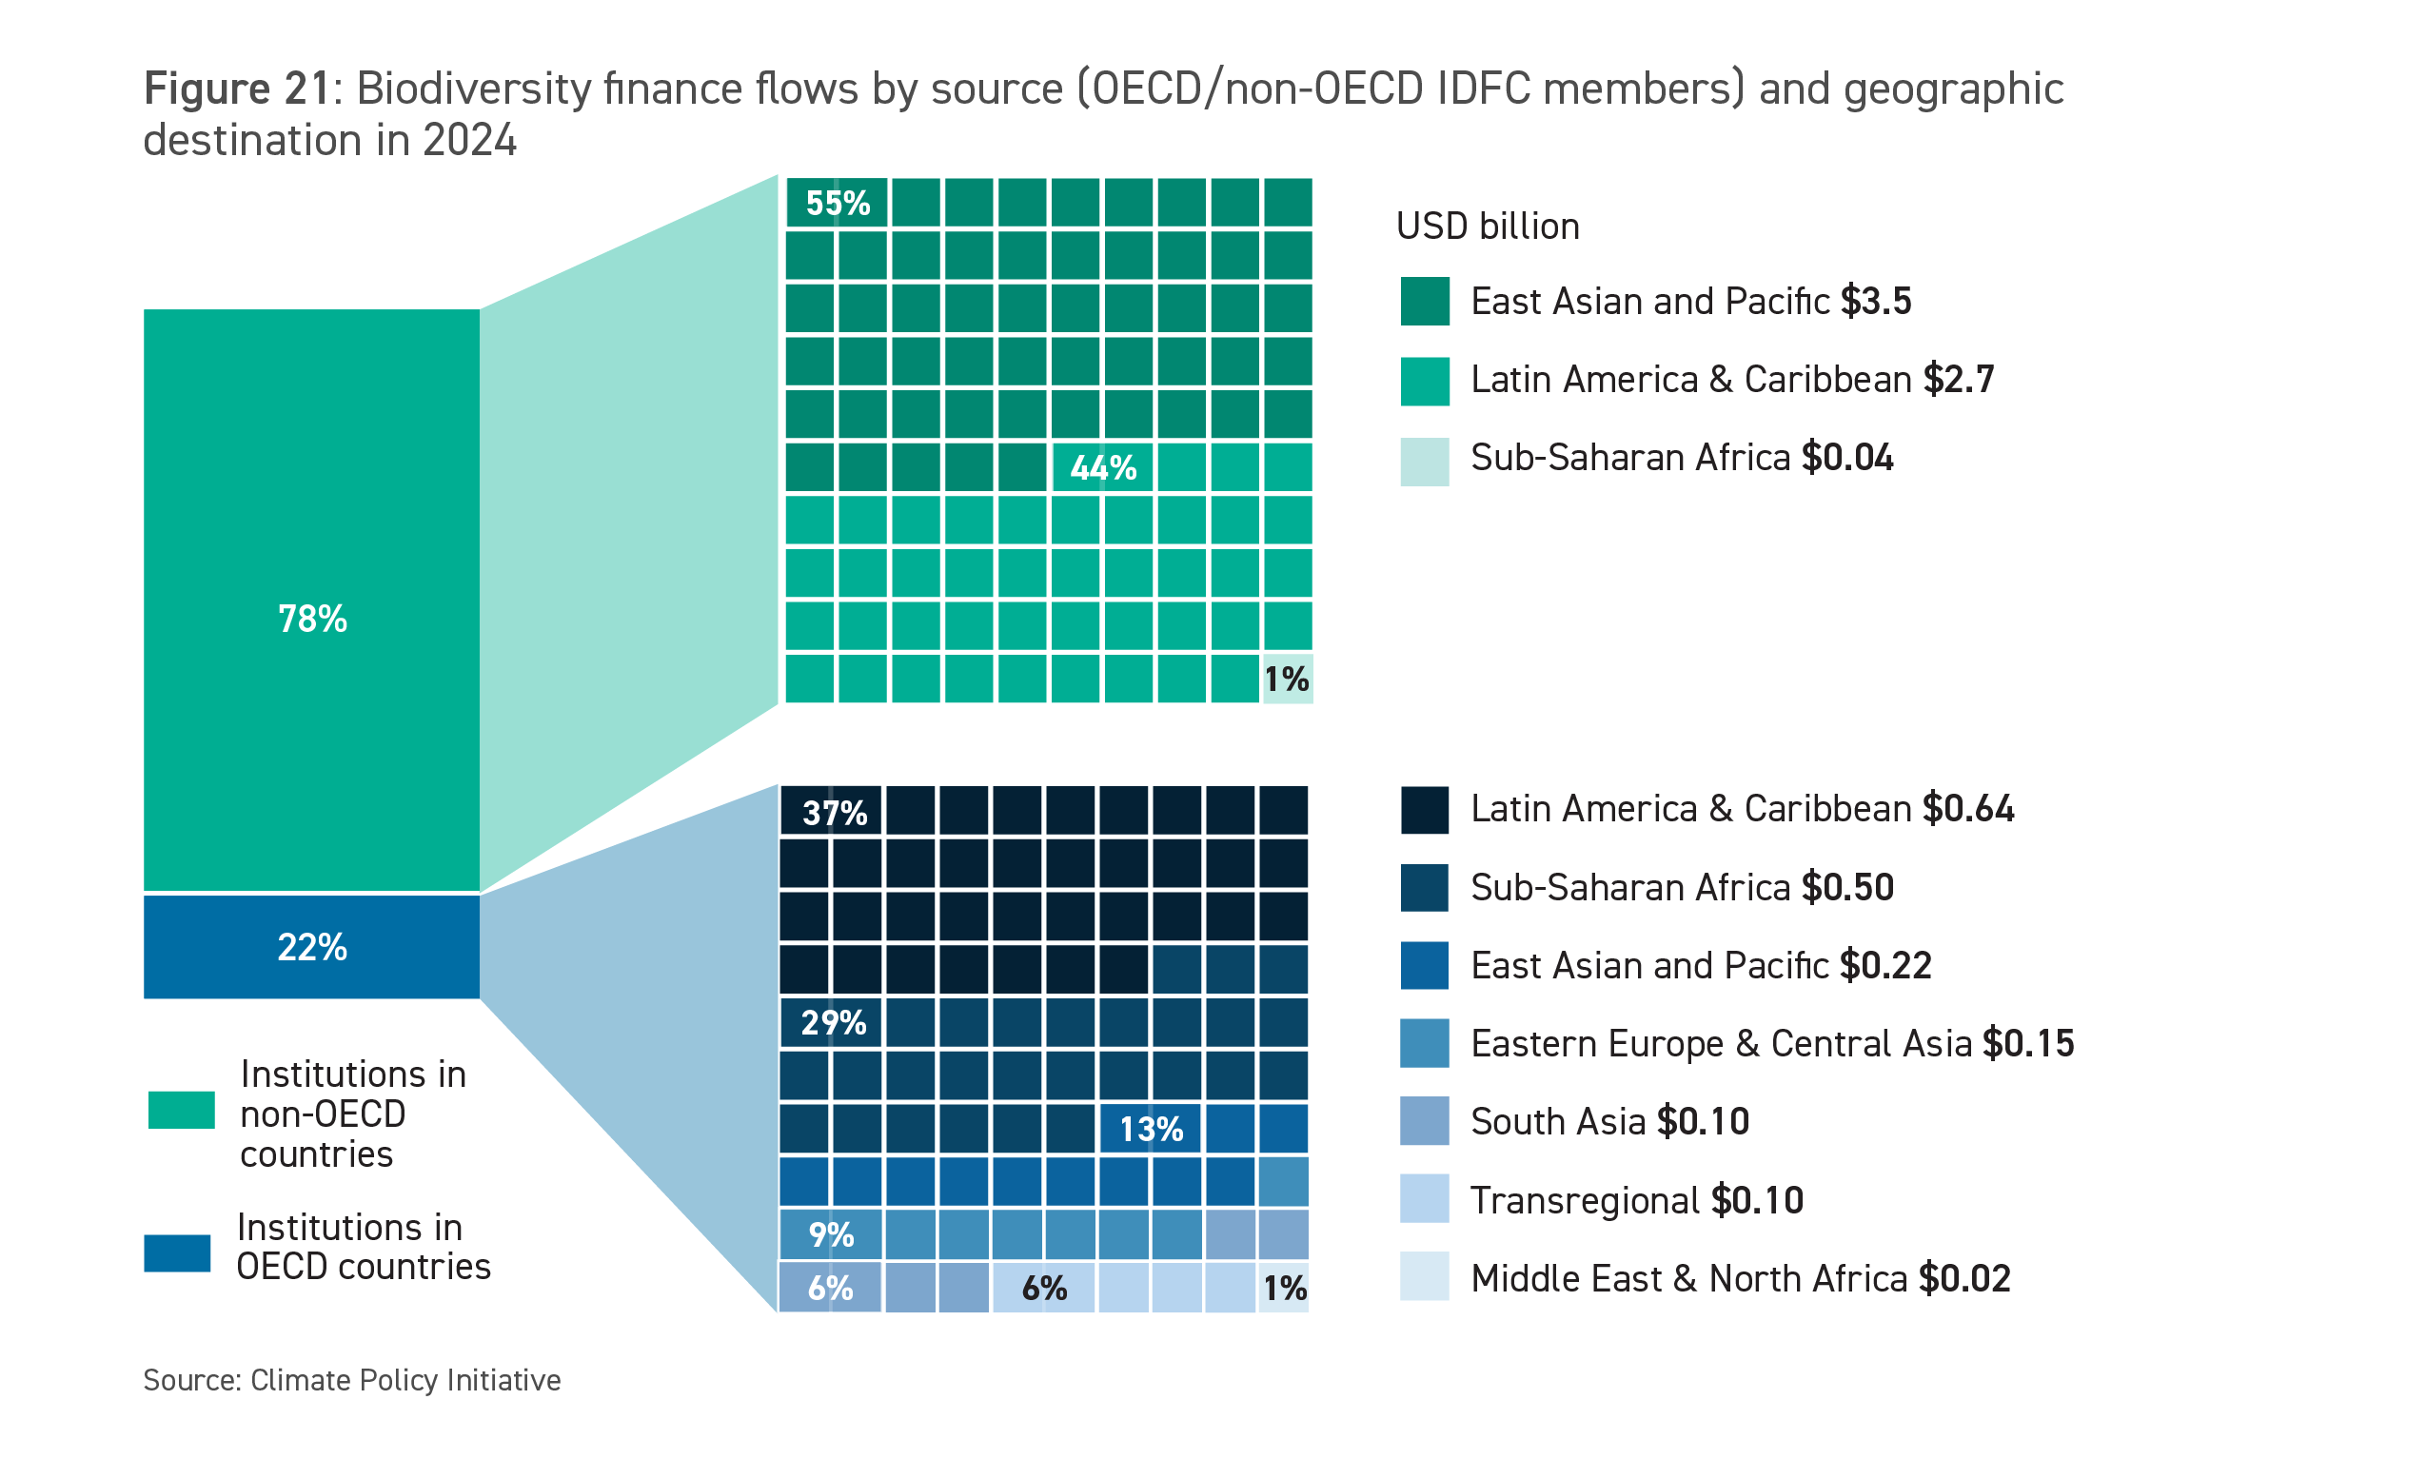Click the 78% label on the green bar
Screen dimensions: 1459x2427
311,619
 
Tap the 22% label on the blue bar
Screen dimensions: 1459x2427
311,947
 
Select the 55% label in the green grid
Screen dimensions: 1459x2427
838,203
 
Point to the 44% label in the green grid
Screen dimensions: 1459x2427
1103,467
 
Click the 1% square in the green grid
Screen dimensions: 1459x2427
1286,679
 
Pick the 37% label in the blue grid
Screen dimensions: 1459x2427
835,812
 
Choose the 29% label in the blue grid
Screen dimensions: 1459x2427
834,1022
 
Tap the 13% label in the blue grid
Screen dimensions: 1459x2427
1151,1129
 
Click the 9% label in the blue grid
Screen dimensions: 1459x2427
831,1234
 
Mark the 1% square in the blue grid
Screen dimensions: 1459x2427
1285,1288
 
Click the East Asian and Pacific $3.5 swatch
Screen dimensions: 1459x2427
1425,301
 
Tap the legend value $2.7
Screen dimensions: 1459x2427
1958,380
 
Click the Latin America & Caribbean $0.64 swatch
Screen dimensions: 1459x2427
1425,809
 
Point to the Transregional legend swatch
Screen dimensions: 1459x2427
1425,1198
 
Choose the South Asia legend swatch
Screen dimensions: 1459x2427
1425,1121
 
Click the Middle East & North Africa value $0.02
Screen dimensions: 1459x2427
1964,1278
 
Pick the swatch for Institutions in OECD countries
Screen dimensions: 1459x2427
177,1252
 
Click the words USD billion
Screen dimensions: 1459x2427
1488,227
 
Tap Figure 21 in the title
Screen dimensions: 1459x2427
236,89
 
